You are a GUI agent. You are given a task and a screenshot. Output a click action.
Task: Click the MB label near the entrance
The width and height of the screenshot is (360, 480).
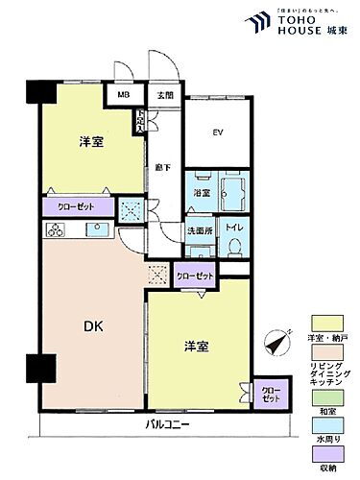124,95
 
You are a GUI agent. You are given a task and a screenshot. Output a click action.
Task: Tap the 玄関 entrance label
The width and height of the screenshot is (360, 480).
165,95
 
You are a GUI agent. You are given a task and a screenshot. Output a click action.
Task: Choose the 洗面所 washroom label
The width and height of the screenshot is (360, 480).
201,231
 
